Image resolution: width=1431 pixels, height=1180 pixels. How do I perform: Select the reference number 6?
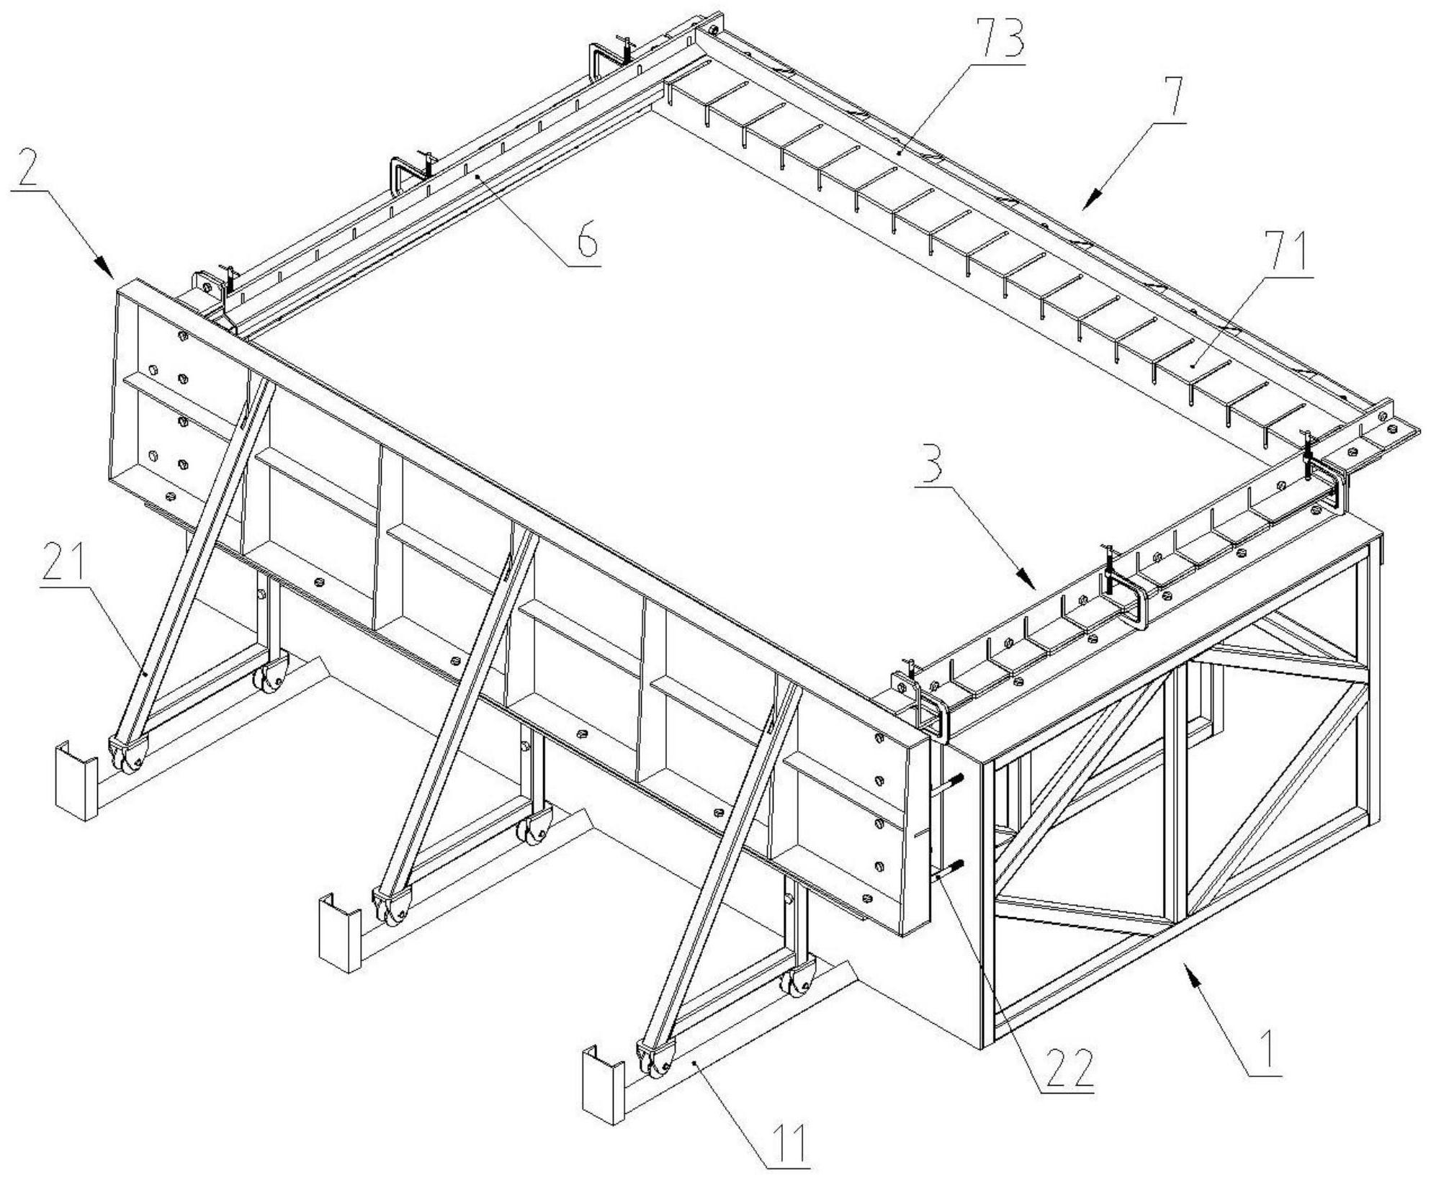(x=586, y=240)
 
